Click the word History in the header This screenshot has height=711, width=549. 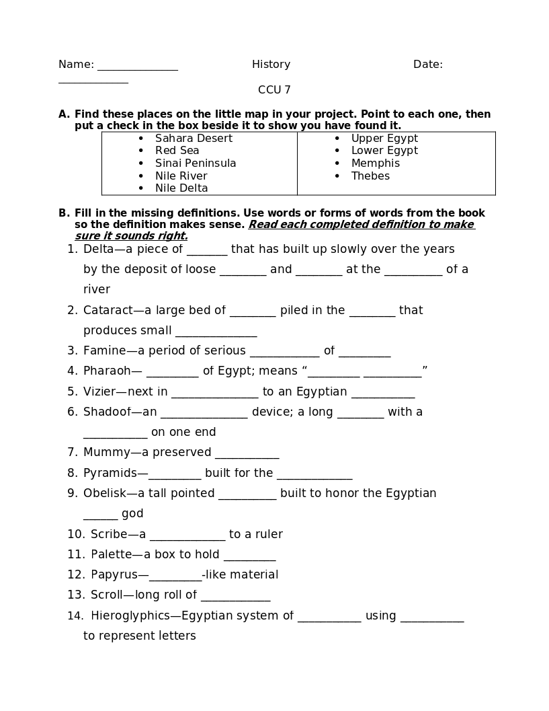271,65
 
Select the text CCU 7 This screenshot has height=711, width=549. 274,90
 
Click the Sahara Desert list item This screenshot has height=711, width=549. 194,139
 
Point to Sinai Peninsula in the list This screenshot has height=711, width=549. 196,163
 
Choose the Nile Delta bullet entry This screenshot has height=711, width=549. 181,188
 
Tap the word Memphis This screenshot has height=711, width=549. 375,163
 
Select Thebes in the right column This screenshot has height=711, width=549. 370,176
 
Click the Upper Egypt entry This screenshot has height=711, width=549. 384,139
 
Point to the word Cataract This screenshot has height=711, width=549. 106,311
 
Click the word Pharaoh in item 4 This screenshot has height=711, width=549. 107,371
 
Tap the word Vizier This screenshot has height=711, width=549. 99,392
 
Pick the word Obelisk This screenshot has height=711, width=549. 103,494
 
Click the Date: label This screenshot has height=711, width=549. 427,65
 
